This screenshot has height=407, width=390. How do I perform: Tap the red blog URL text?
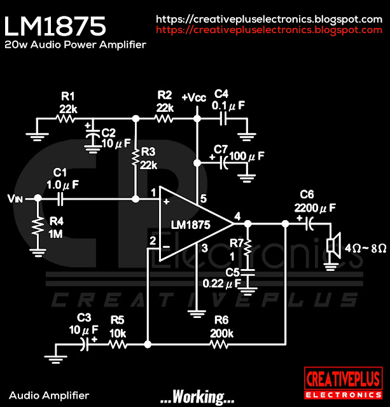tap(269, 30)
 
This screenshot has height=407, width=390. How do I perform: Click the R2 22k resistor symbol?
tap(165, 118)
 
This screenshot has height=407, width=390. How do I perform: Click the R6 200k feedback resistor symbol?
tap(220, 345)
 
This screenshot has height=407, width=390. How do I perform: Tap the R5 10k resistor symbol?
tap(117, 345)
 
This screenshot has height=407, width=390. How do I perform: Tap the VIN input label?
tap(16, 199)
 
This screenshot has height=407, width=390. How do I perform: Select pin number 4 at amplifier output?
tap(238, 216)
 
